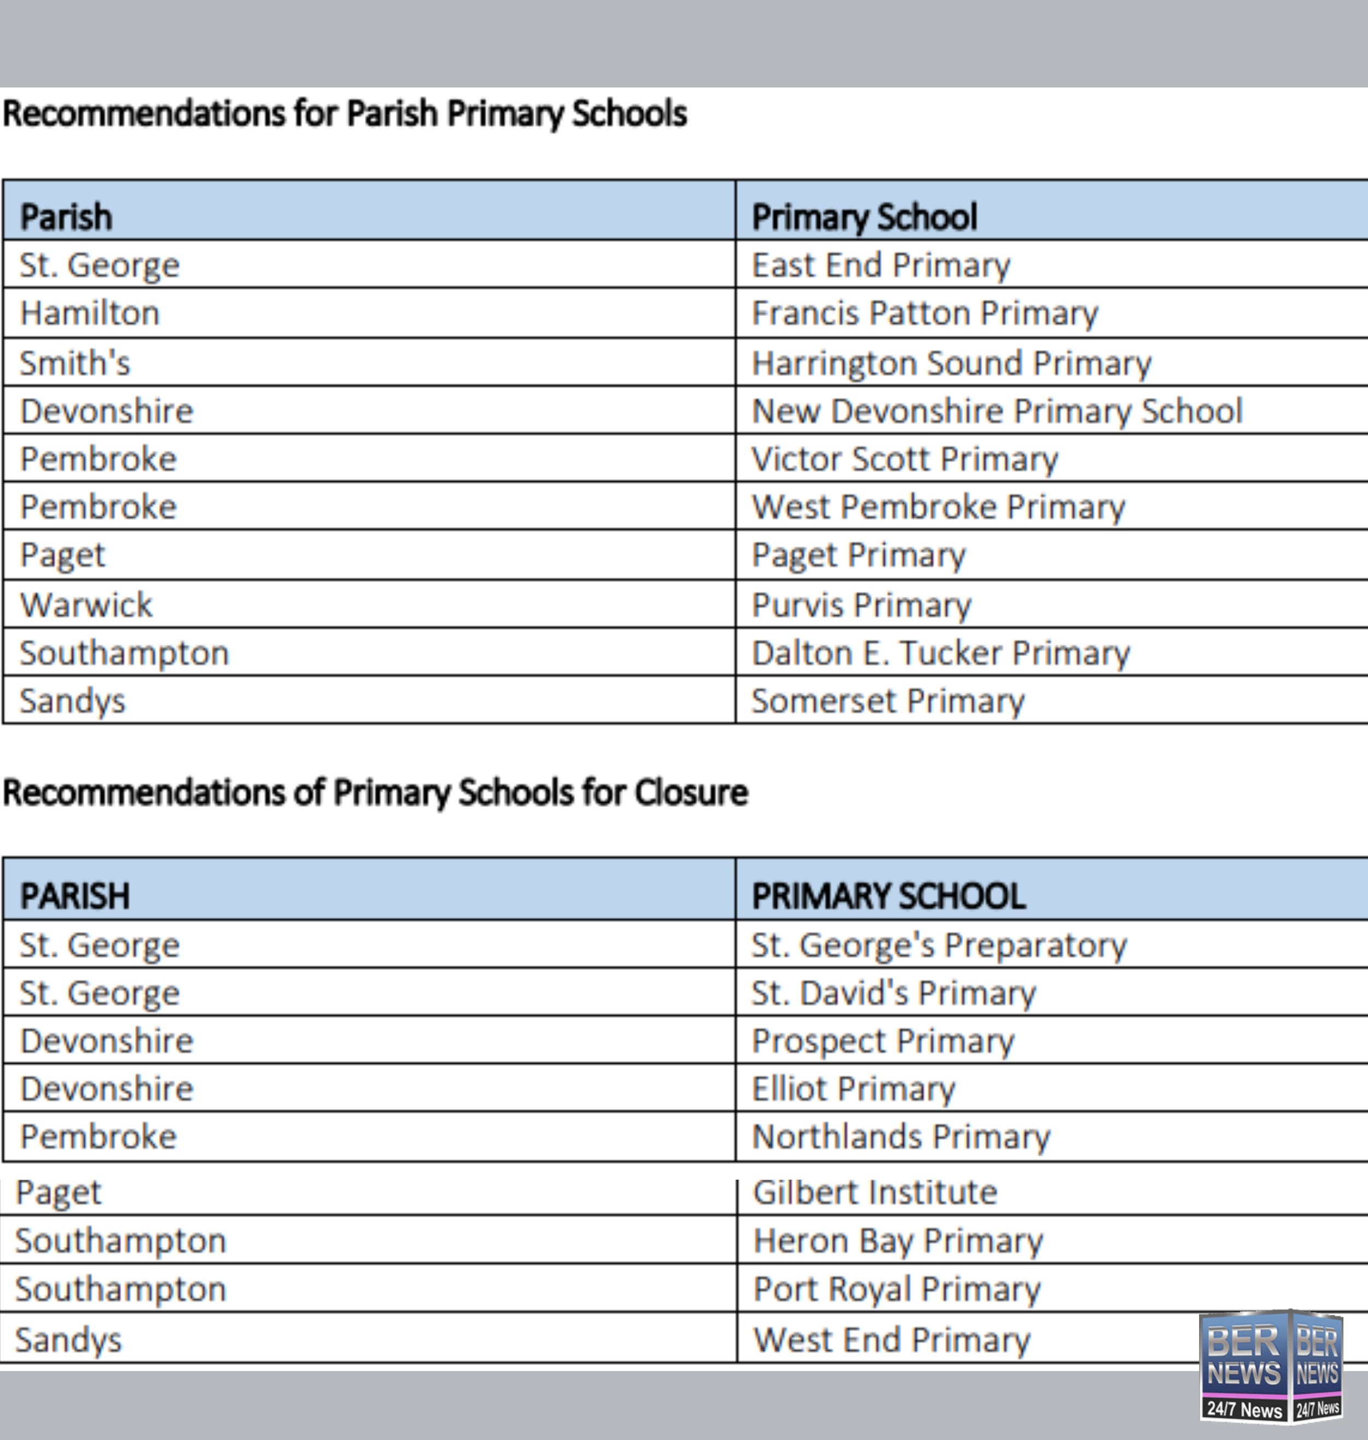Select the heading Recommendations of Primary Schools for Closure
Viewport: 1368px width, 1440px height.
pyautogui.click(x=376, y=792)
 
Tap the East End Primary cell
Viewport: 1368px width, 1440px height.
pyautogui.click(x=881, y=265)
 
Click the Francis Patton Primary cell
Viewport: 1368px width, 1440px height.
pyautogui.click(x=924, y=313)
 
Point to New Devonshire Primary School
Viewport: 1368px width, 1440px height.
pyautogui.click(x=997, y=411)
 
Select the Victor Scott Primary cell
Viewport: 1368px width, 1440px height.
pyautogui.click(x=904, y=459)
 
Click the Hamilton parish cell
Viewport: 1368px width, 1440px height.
pyautogui.click(x=90, y=313)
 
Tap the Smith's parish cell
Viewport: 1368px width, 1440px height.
pyautogui.click(x=75, y=363)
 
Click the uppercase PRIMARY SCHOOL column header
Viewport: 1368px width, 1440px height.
pyautogui.click(x=888, y=896)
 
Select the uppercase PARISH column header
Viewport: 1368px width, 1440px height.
pyautogui.click(x=75, y=896)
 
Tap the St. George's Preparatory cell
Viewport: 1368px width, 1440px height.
pyautogui.click(x=939, y=946)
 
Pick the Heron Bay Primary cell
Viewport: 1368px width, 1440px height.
pyautogui.click(x=898, y=1241)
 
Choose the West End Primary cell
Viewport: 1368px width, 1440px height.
pyautogui.click(x=891, y=1340)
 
